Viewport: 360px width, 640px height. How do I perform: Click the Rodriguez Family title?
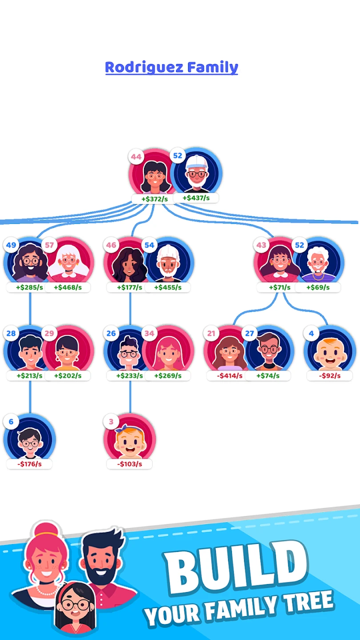pos(172,68)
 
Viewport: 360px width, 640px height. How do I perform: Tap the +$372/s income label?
pos(154,199)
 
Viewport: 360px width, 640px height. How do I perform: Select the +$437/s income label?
pos(196,197)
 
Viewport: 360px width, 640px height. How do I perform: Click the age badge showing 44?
pos(136,157)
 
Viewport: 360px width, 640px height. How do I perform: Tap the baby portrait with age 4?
pos(330,352)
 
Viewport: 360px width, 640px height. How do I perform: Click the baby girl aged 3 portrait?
pos(130,440)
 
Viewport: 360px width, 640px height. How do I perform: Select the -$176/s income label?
pos(29,464)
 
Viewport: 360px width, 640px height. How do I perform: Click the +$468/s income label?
pos(68,288)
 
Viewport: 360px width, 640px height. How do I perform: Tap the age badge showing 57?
pos(49,245)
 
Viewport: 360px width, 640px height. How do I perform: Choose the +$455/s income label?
pos(168,288)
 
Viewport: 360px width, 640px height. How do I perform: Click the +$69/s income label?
pos(318,288)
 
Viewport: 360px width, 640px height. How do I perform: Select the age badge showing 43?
pos(261,245)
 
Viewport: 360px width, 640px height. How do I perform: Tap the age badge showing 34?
pos(149,333)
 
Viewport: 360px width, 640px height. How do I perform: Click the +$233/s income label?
pos(130,376)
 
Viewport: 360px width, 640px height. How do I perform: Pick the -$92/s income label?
pos(329,376)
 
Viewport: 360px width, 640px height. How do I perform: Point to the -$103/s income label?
pos(129,464)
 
